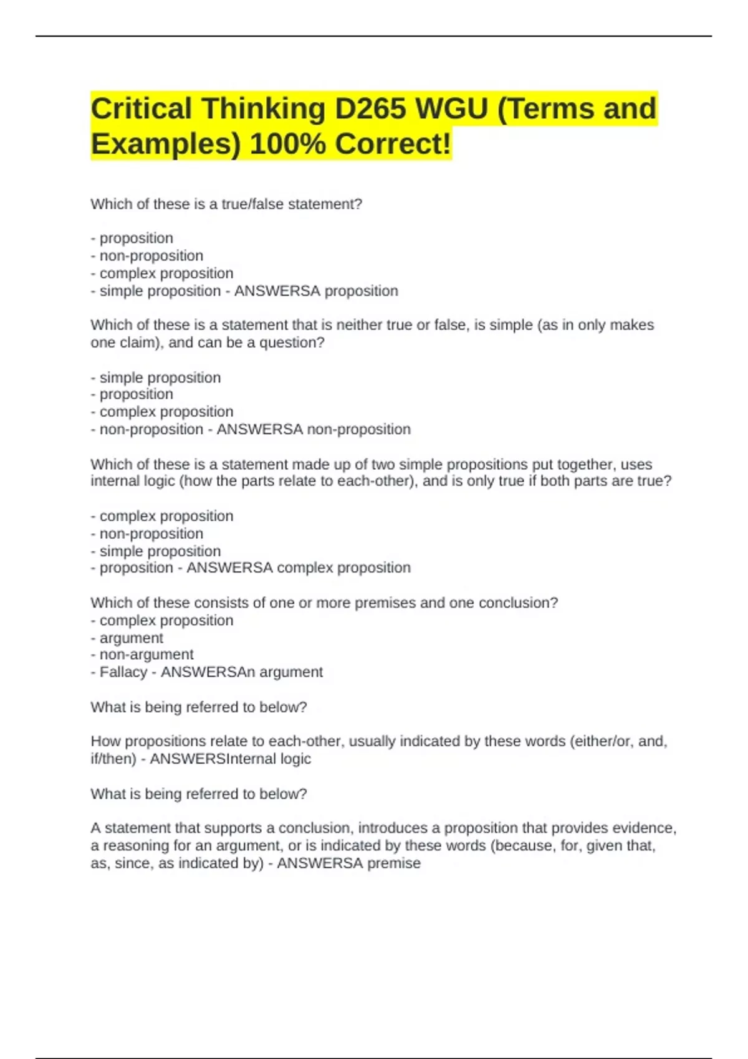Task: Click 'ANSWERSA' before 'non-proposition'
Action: (x=259, y=429)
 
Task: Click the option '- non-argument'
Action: (x=142, y=655)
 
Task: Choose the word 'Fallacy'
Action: (x=123, y=672)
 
